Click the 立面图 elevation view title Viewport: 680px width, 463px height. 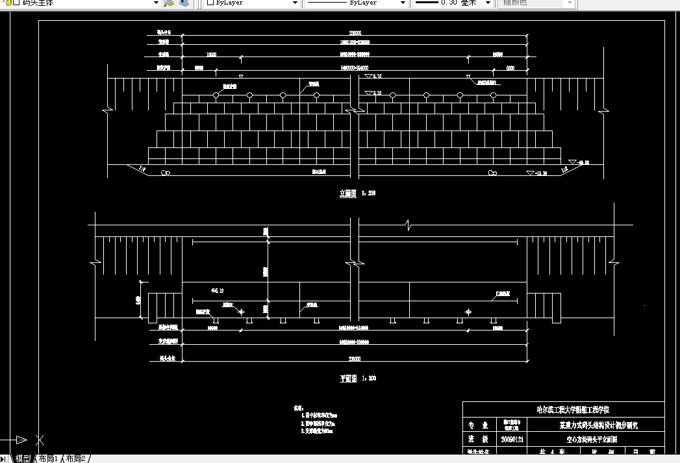[349, 193]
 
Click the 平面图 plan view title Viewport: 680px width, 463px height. [349, 378]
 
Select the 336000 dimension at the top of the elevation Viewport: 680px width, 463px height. [355, 32]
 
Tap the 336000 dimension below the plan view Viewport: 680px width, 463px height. [355, 358]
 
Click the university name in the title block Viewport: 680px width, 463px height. [563, 410]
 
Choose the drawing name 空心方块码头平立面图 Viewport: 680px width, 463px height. [589, 439]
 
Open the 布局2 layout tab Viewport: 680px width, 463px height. [75, 458]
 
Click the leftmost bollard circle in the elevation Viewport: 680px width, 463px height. [216, 95]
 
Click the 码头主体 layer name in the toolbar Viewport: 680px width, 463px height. [39, 3]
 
